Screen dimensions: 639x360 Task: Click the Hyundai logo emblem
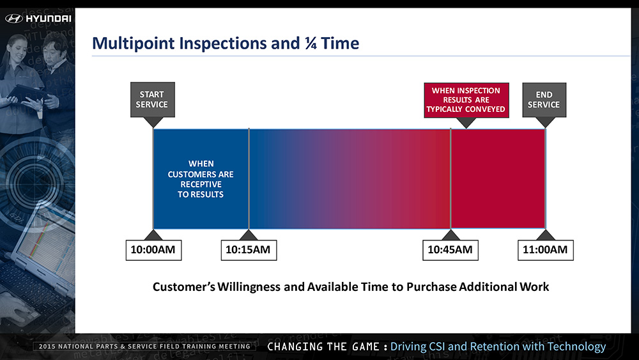(14, 19)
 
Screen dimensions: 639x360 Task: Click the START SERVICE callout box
(153, 100)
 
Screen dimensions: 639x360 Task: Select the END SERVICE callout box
(544, 100)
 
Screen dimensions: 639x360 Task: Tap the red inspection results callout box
(466, 100)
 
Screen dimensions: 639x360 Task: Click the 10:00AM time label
(153, 250)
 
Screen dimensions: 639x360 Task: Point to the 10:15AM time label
(249, 250)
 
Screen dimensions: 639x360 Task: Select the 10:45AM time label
(450, 250)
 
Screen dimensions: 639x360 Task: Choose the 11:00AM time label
(545, 250)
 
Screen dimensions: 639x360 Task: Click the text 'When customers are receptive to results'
(201, 179)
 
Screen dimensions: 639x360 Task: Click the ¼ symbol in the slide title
(311, 43)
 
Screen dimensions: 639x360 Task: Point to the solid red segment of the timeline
(498, 178)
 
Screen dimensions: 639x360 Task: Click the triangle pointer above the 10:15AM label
(249, 235)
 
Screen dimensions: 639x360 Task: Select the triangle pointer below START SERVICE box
(153, 122)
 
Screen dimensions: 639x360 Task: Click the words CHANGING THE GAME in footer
(323, 347)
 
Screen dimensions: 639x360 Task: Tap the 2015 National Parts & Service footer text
(144, 347)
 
